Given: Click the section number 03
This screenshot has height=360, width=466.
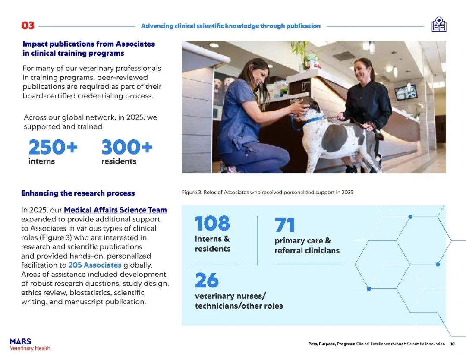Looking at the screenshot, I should point(28,25).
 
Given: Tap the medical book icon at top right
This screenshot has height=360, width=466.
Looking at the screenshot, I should point(439,25).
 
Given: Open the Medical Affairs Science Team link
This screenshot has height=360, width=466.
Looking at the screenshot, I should point(115,210).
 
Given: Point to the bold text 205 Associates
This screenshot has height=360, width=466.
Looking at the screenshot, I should point(95,265).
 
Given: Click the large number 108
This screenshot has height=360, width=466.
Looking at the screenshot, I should point(212,224).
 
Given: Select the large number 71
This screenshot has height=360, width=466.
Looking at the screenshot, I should point(285,225).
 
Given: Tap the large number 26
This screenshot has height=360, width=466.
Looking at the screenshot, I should point(207,281).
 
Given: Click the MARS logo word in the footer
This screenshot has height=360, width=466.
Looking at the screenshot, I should point(21,341).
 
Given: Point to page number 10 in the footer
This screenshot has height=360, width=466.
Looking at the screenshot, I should point(452,344).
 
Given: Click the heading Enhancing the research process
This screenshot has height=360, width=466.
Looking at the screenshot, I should point(78,193).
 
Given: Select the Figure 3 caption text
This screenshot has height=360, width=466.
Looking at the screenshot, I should point(268,192).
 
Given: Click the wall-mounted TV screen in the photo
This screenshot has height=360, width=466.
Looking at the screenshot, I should point(406,92).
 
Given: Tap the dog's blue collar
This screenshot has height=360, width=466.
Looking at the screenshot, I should point(307,122).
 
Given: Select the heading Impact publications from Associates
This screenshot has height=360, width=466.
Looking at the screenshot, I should point(88,48).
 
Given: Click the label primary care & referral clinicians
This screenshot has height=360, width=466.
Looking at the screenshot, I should point(307,246).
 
